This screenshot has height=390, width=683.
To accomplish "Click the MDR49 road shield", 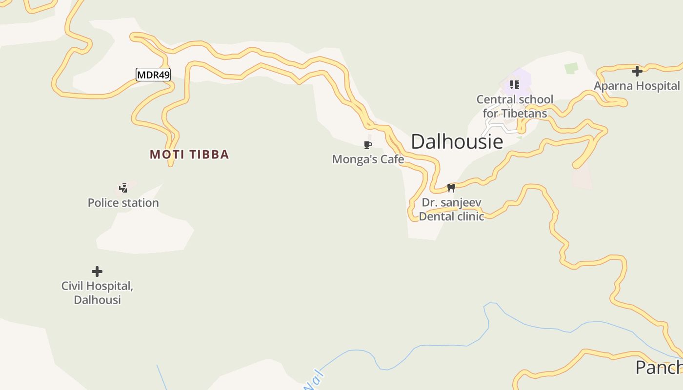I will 153,75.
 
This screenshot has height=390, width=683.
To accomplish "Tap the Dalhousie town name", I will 457,141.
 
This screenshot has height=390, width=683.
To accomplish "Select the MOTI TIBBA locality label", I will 189,155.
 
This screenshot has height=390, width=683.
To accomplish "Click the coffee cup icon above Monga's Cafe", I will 368,145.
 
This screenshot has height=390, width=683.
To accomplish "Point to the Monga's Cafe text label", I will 368,159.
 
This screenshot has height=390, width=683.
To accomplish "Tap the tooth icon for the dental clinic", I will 451,188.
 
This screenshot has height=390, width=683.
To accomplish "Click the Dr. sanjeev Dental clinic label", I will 451,210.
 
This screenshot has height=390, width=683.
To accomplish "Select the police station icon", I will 123,188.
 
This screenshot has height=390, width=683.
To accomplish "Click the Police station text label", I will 123,203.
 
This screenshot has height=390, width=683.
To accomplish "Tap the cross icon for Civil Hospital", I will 97,271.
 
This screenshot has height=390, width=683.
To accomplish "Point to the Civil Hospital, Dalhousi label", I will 97,292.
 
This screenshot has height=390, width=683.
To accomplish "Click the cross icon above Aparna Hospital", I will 637,71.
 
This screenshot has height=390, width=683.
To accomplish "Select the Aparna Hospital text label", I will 637,86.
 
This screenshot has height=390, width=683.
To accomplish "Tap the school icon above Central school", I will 514,85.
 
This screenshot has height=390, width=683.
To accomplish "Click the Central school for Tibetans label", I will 515,106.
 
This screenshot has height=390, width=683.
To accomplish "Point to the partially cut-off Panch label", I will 659,368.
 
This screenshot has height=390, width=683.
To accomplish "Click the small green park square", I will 571,68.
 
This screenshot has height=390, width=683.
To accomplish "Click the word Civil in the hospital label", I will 71,286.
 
